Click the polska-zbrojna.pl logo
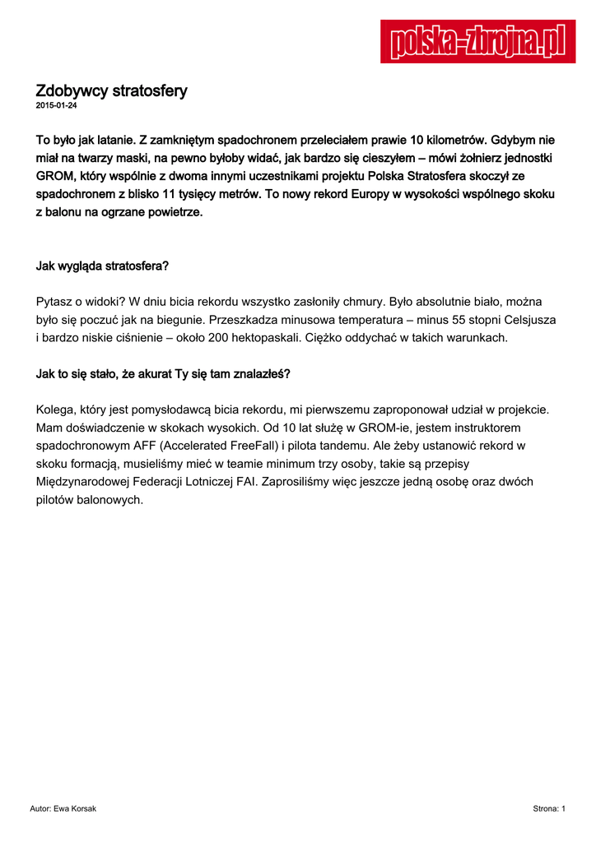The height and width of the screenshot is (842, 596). [x=477, y=42]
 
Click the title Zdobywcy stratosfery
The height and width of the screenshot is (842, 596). [x=111, y=90]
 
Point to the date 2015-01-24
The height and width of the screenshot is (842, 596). [x=57, y=106]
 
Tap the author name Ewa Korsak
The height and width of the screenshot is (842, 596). [x=75, y=809]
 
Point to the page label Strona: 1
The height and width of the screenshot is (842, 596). [x=549, y=809]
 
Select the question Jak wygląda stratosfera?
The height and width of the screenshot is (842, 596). [x=102, y=266]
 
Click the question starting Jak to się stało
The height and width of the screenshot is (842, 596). [x=162, y=374]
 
